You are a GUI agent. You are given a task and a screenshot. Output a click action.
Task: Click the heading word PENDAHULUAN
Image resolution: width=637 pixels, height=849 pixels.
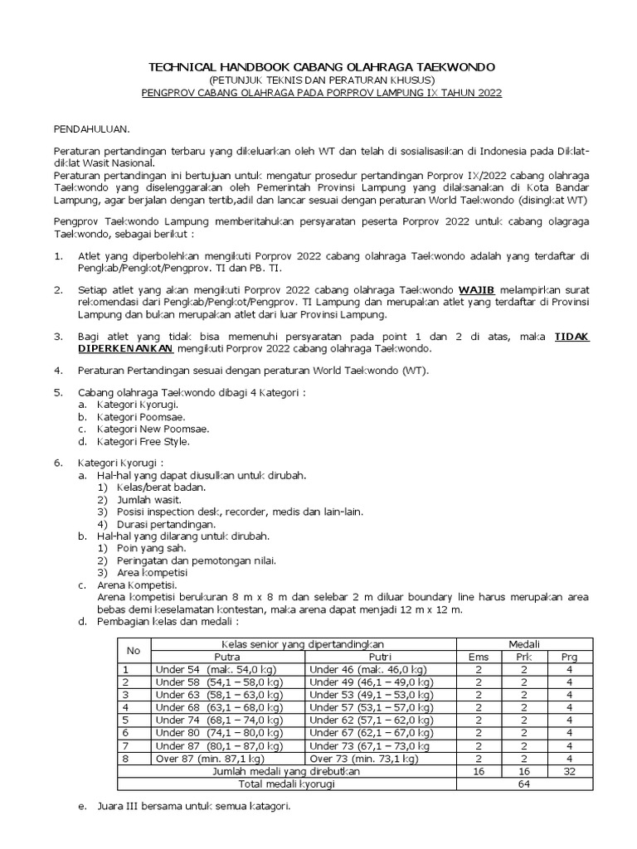(91, 130)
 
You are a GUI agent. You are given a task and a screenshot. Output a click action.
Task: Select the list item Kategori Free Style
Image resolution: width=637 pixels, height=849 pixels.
(143, 442)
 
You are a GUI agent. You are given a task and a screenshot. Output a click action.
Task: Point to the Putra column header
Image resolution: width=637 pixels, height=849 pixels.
(227, 656)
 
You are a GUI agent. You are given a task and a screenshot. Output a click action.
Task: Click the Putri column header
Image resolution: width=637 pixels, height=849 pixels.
(381, 656)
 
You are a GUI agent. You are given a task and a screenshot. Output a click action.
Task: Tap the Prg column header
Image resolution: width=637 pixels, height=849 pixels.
(569, 656)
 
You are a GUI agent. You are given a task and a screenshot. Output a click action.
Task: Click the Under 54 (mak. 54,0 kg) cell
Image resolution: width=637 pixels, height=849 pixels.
(216, 669)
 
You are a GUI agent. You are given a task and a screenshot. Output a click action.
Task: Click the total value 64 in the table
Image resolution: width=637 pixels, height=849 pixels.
(524, 784)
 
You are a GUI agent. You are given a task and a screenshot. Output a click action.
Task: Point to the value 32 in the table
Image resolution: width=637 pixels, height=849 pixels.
(569, 771)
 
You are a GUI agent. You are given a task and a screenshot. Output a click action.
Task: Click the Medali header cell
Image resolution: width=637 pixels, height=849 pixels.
(524, 643)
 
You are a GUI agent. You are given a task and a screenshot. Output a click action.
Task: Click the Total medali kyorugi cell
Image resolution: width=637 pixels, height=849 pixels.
(287, 784)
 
